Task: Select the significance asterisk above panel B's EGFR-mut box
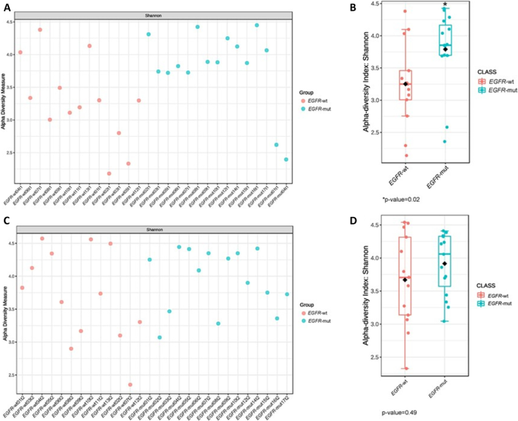coord(445,5)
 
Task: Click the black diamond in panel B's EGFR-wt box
coord(405,84)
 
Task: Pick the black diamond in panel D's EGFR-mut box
coord(445,264)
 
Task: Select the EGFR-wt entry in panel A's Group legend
coord(318,99)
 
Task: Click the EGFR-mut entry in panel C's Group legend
coord(318,321)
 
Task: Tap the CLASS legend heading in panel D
coord(483,285)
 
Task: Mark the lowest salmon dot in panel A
coord(109,174)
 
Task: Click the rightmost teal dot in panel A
coord(286,159)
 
